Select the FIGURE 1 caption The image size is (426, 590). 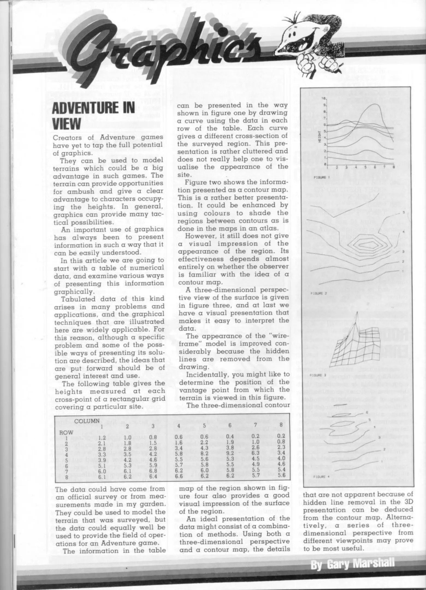320,177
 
